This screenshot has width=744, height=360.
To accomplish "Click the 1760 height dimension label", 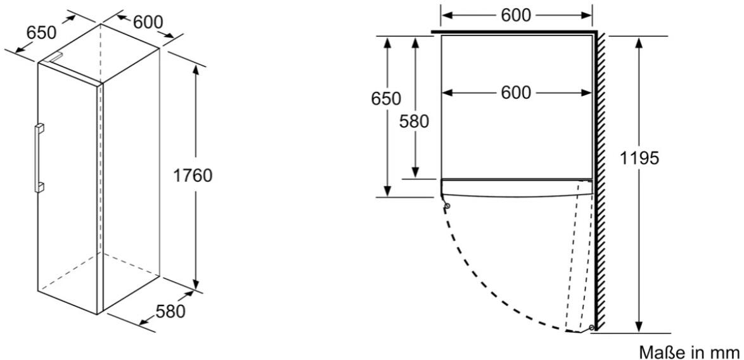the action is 192,176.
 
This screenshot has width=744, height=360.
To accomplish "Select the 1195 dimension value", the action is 640,158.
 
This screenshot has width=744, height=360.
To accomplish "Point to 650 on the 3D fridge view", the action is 41,33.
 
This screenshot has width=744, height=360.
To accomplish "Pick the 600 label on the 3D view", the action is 148,22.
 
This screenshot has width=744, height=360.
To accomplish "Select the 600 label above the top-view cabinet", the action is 516,15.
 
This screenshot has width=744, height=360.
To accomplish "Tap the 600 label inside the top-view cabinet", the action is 516,93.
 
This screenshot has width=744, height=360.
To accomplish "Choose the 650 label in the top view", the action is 386,99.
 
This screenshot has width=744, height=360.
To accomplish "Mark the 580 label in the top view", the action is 414,122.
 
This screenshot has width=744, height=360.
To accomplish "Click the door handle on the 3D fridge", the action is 39,157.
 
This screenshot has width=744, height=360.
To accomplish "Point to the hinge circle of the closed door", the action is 447,205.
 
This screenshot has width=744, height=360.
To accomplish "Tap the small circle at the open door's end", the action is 592,327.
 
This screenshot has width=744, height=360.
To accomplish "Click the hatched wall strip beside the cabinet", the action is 600,182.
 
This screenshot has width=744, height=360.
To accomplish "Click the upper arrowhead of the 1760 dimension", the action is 195,71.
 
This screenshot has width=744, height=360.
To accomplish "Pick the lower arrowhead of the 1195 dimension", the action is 639,327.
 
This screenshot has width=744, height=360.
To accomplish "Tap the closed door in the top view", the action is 516,188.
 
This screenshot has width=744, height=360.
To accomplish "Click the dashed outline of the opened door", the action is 579,256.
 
